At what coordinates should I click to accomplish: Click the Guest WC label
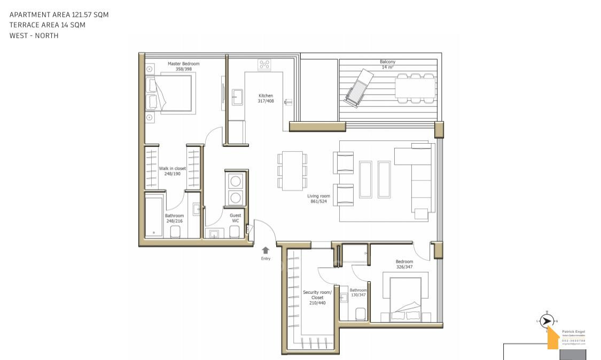click(235, 218)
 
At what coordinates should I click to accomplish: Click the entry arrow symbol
click(266, 249)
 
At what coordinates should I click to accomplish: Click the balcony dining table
click(415, 88)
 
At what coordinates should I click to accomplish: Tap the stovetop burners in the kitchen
click(264, 65)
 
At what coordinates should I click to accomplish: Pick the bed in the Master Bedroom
click(170, 93)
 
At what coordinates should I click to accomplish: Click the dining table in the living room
click(292, 170)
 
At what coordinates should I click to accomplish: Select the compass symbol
click(546, 321)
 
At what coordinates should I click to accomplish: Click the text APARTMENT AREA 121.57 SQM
click(59, 15)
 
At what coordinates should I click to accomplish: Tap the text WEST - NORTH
click(34, 36)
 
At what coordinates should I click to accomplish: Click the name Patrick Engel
click(573, 332)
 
